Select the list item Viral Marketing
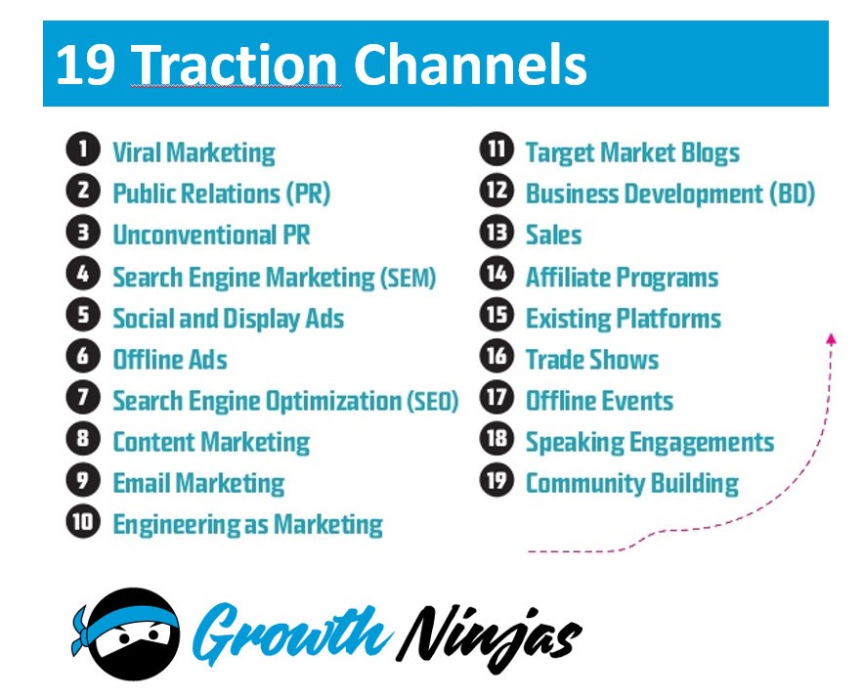(194, 153)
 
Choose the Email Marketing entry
(198, 483)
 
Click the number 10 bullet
(83, 522)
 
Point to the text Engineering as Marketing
(247, 524)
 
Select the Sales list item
(553, 235)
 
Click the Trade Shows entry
(592, 360)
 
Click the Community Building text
(631, 483)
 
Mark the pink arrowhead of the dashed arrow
(831, 338)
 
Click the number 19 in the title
(86, 66)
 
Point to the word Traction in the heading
(236, 66)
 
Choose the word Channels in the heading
(469, 66)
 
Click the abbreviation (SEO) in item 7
(431, 401)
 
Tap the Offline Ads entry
(170, 360)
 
